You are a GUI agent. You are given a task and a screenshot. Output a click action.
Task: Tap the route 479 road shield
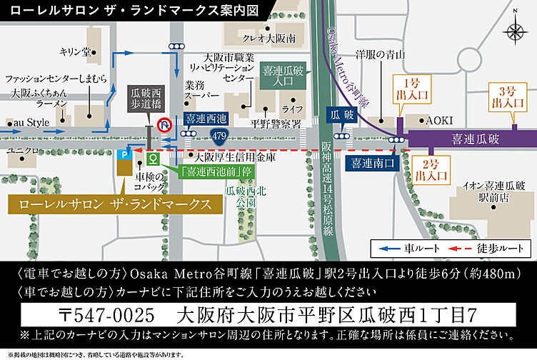point(221,134)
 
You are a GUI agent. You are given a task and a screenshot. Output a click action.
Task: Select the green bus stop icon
point(151,158)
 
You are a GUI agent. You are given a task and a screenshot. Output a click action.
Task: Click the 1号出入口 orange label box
point(413,88)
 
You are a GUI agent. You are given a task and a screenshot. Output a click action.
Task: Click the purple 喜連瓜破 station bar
point(467,138)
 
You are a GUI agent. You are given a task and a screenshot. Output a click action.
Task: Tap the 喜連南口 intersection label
point(373,163)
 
